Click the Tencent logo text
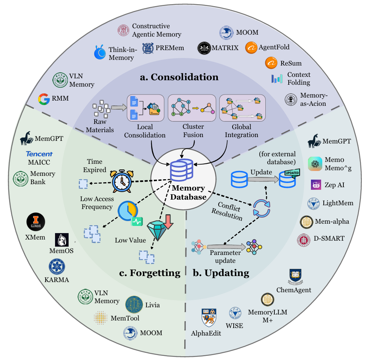pyautogui.click(x=39, y=154)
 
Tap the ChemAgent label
pyautogui.click(x=294, y=290)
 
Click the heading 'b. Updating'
pyautogui.click(x=222, y=273)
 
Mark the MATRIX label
pyautogui.click(x=225, y=48)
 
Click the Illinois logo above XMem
pyautogui.click(x=36, y=222)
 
